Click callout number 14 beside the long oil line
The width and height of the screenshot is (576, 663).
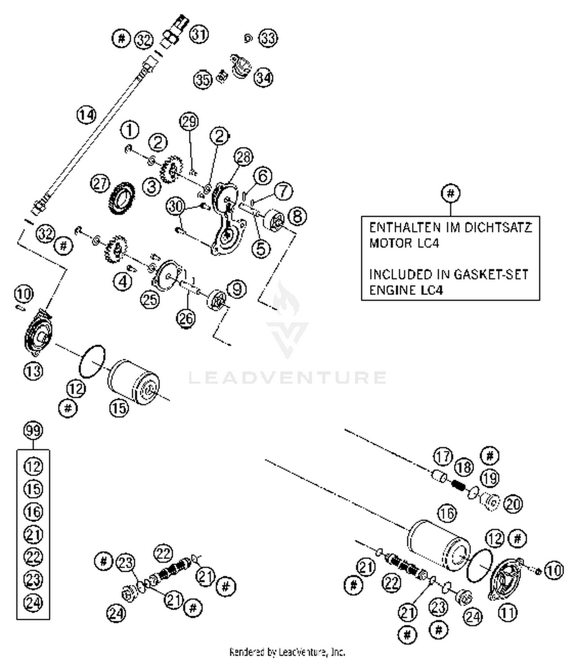click(86, 114)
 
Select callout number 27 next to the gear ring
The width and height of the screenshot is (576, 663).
click(100, 184)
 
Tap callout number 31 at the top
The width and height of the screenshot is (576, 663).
click(199, 34)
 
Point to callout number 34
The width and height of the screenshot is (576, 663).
click(263, 78)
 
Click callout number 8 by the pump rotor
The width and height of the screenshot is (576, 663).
click(298, 216)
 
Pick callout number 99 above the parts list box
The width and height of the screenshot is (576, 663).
click(33, 431)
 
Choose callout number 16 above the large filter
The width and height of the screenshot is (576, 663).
click(447, 513)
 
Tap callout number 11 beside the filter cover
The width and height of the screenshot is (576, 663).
click(507, 613)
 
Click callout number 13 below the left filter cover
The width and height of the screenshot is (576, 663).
click(33, 371)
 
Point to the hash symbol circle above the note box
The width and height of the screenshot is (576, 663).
click(450, 193)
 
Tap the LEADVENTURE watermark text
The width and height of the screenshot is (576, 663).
click(287, 377)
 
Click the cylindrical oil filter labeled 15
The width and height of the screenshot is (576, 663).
click(134, 382)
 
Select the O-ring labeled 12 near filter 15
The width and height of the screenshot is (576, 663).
click(92, 361)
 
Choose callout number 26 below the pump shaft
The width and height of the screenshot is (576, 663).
click(186, 318)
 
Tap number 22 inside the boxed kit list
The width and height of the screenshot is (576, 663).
click(33, 557)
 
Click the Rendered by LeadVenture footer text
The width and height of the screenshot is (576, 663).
click(287, 652)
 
